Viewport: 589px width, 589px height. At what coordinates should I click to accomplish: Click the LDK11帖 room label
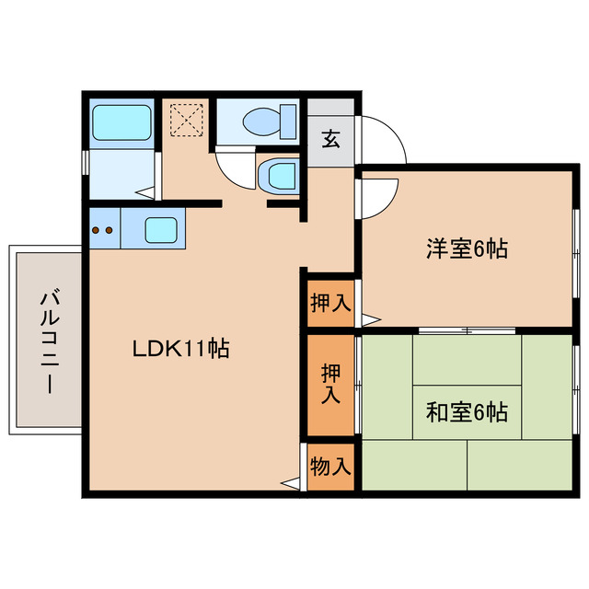pyautogui.click(x=180, y=349)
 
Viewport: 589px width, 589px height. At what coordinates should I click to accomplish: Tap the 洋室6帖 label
pyautogui.click(x=468, y=248)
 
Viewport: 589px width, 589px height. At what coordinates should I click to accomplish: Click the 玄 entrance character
pyautogui.click(x=330, y=141)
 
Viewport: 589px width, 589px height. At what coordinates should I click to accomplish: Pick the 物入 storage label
pyautogui.click(x=330, y=467)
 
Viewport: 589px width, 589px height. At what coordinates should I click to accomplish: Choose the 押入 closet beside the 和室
pyautogui.click(x=330, y=385)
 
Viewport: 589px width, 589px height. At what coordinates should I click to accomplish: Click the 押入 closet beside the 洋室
pyautogui.click(x=330, y=303)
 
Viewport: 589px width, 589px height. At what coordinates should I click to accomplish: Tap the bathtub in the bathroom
pyautogui.click(x=121, y=123)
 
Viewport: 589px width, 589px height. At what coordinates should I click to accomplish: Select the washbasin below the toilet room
pyautogui.click(x=278, y=174)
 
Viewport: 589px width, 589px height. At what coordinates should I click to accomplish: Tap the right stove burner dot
pyautogui.click(x=110, y=229)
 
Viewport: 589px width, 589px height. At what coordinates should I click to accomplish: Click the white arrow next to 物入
pyautogui.click(x=291, y=482)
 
